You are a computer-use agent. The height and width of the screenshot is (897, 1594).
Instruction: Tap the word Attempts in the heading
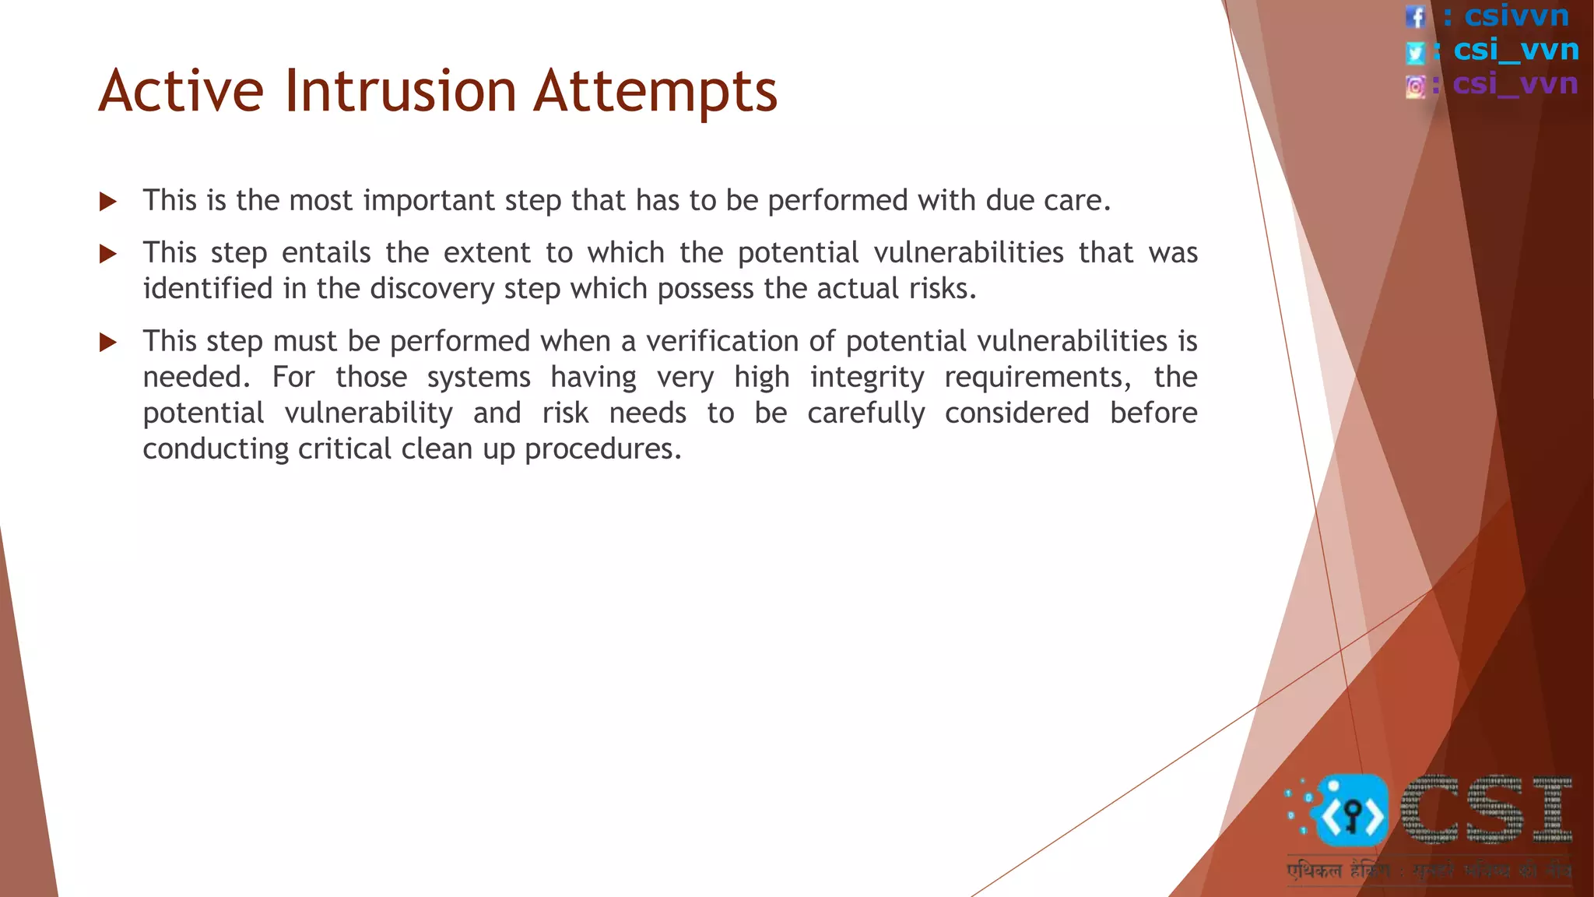[x=655, y=91]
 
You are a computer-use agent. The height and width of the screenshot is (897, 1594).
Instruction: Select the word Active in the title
[x=181, y=91]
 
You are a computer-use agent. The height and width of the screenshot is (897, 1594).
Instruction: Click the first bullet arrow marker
[x=108, y=202]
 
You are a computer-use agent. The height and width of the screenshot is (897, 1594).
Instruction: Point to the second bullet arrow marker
[x=108, y=254]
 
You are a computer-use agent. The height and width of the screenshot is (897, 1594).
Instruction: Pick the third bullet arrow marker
[x=108, y=343]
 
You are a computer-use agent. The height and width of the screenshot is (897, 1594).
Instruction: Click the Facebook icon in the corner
[x=1415, y=16]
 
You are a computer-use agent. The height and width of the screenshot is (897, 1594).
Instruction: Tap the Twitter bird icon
[x=1415, y=52]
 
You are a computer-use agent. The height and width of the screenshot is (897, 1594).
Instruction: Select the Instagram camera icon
[x=1415, y=86]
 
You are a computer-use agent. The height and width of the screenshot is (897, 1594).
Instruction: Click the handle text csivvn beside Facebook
[x=1516, y=16]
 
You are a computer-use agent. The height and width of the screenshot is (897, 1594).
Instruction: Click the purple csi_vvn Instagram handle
[x=1515, y=83]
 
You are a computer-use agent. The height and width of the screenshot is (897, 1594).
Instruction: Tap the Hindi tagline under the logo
[x=1428, y=871]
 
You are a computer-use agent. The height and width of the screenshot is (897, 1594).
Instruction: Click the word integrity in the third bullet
[x=866, y=378]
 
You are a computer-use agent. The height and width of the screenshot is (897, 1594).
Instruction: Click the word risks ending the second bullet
[x=942, y=289]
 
